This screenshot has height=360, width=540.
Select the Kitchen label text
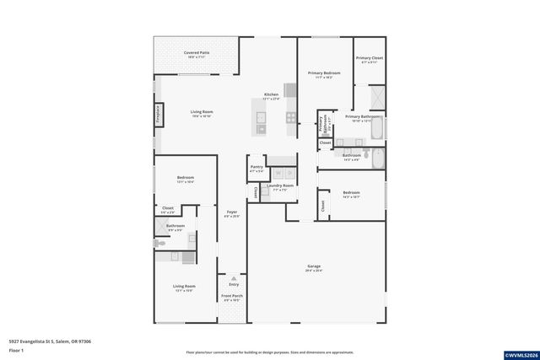[271, 95]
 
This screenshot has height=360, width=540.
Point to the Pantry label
[256, 169]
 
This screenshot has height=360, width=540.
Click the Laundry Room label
[280, 187]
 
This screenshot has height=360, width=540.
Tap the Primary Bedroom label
[325, 74]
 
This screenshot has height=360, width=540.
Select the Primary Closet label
[370, 60]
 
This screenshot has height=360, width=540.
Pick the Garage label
[314, 268]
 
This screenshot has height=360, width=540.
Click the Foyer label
[232, 214]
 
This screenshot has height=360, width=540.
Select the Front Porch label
[233, 298]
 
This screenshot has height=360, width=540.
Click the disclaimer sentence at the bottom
[270, 352]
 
